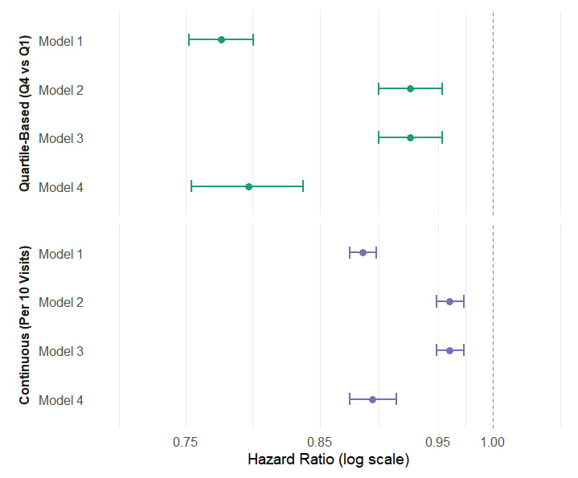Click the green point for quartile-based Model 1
coord(221,39)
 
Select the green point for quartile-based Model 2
coord(410,88)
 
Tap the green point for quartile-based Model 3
coord(410,137)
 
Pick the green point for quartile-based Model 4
coord(248,186)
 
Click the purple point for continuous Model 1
coord(363,252)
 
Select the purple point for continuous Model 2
coord(449,301)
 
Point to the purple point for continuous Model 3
coord(449,350)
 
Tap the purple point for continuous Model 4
coord(372,399)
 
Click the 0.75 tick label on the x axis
coord(186,441)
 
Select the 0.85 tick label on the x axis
coord(320,441)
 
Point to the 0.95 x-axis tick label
coord(438,441)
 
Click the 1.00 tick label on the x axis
coord(493,441)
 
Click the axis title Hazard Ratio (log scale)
coord(328,460)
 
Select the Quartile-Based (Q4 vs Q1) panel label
coord(25,113)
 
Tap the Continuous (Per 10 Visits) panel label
coord(25,326)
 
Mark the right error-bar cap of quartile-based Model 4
coord(303,186)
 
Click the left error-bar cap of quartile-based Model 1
coord(189,39)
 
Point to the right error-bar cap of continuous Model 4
coord(396,399)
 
